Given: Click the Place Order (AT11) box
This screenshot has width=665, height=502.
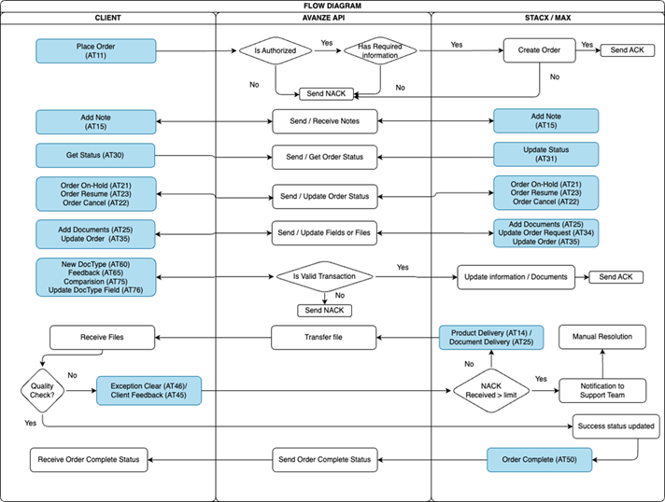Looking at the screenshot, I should point(95,50).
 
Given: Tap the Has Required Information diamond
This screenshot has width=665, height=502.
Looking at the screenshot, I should point(379,50).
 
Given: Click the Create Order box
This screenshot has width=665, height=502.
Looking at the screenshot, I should point(539,50).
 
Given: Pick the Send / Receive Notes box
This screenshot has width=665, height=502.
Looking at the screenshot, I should point(324,121).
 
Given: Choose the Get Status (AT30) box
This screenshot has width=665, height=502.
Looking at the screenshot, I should point(95,155).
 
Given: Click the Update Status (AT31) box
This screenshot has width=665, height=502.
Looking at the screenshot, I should point(545,155).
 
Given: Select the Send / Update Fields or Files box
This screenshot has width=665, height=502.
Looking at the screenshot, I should point(324,231).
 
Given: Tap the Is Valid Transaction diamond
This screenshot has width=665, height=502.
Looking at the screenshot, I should point(324,276).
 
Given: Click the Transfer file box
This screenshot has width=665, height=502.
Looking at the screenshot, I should point(324,338).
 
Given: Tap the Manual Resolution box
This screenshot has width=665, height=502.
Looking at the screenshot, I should point(601,336).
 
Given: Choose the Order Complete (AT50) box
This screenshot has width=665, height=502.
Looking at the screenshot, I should point(540,459).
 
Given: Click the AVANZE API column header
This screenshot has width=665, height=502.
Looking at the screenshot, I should point(323,18).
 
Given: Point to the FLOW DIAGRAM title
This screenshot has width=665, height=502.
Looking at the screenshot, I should point(332,6).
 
